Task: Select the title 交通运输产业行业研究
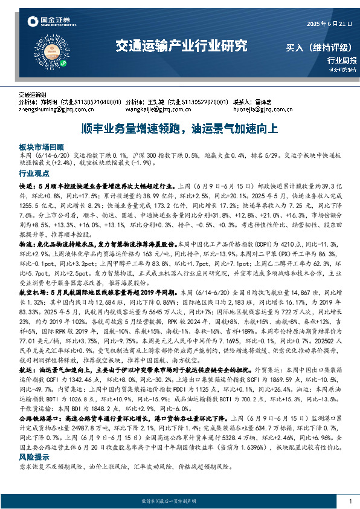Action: tap(181, 45)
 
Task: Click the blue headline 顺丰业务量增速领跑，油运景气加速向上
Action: tap(179, 129)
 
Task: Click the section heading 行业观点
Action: tap(34, 173)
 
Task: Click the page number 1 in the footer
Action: tap(350, 501)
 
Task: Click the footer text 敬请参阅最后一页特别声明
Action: tap(179, 502)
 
